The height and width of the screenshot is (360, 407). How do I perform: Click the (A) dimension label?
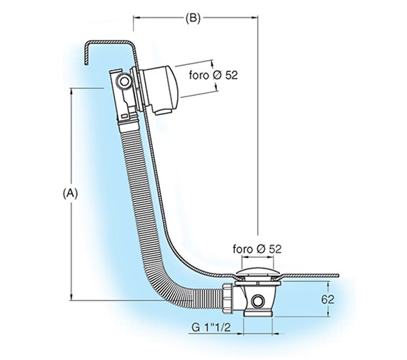click(70, 194)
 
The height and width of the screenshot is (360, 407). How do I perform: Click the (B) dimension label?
click(193, 19)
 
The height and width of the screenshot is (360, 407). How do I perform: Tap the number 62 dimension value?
click(328, 299)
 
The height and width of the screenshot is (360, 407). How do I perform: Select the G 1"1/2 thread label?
click(211, 328)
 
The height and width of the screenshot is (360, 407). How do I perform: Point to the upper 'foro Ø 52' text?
click(213, 75)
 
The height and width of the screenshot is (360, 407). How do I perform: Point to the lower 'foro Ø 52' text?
click(257, 249)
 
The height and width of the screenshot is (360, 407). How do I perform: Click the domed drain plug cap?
click(258, 272)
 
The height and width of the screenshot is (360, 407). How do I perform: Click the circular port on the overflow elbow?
click(124, 81)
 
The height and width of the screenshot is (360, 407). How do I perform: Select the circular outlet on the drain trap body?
click(258, 302)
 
